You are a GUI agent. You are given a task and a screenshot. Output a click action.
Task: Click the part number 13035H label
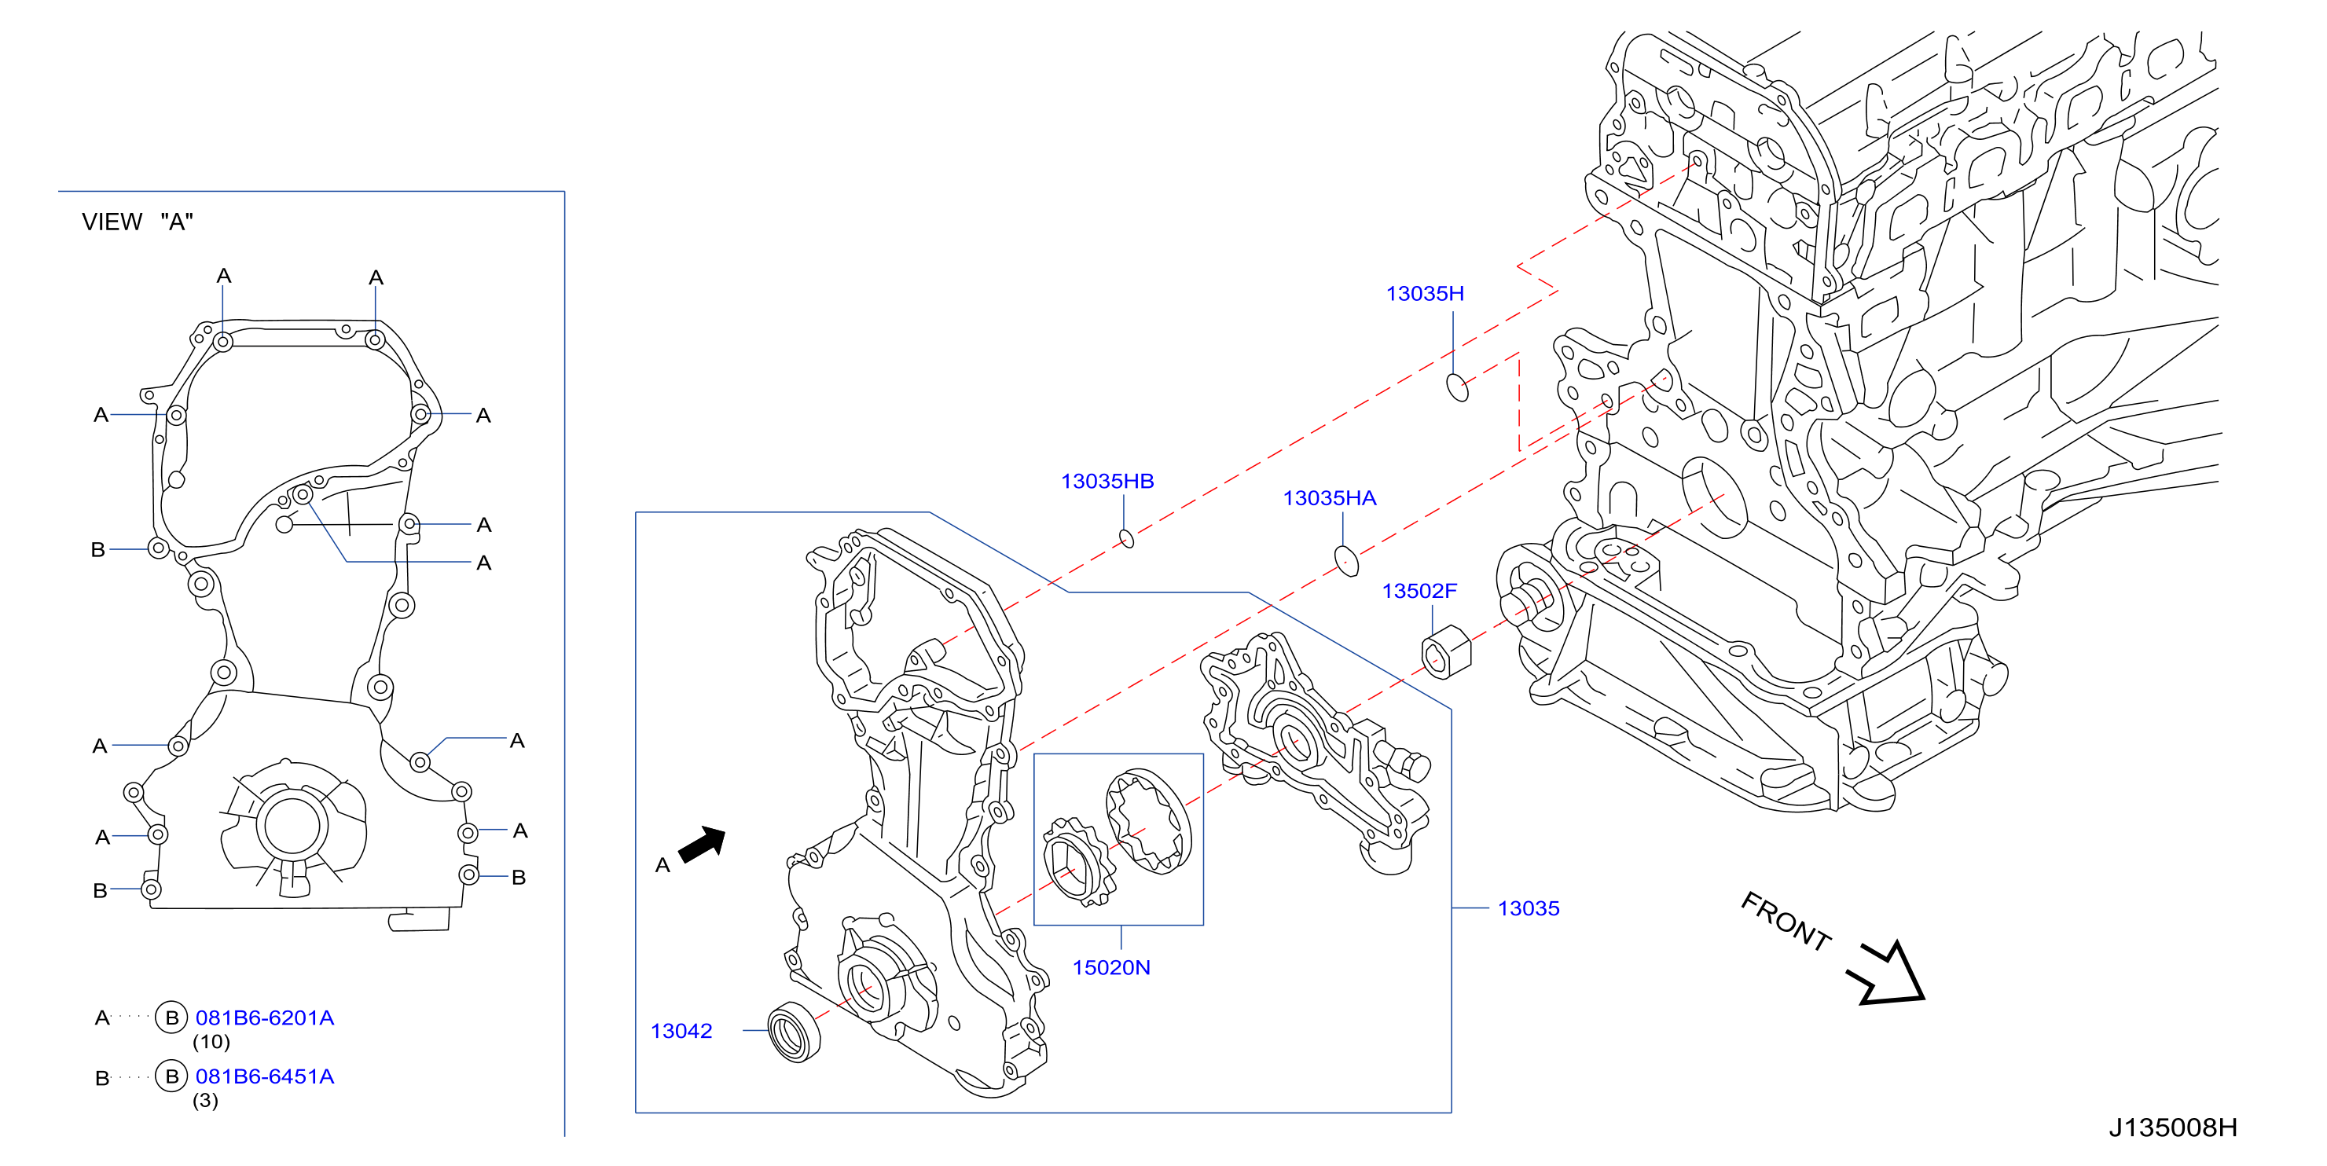point(1425,294)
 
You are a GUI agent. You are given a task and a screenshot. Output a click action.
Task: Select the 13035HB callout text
point(1107,482)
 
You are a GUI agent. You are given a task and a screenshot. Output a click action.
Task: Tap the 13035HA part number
point(1329,499)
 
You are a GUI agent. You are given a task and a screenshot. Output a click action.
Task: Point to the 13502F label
point(1419,592)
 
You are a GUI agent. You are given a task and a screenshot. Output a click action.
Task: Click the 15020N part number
point(1111,968)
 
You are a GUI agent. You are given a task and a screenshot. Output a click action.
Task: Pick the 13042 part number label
point(681,1032)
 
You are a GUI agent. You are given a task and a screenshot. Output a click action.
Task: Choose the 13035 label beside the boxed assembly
point(1529,908)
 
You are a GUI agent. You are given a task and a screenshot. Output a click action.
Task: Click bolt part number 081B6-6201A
point(265,1017)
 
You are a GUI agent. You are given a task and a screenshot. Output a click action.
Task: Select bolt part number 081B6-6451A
point(265,1076)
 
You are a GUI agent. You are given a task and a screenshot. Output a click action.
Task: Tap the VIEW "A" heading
point(138,222)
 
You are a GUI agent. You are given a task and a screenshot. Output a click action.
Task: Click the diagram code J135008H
point(2172,1128)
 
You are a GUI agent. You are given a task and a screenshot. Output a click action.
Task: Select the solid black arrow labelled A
point(702,845)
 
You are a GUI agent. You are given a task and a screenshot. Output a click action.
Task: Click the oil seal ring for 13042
point(794,1032)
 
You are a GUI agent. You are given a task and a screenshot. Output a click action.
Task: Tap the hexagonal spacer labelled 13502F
point(1446,652)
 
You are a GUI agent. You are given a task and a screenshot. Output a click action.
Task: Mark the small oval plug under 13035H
point(1457,387)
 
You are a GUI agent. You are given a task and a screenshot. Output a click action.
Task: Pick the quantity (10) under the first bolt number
point(211,1043)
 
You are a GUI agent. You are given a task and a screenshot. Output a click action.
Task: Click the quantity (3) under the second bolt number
point(205,1101)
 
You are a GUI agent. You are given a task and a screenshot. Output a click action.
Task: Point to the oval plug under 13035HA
point(1346,561)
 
